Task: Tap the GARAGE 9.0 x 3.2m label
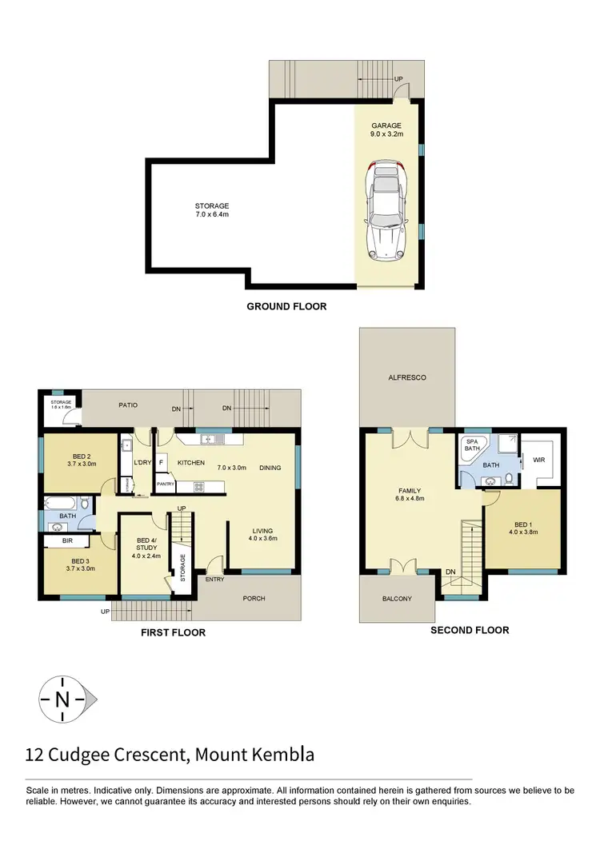pyautogui.click(x=386, y=130)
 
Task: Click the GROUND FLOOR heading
pyautogui.click(x=286, y=306)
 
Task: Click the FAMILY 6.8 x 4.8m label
pyautogui.click(x=410, y=496)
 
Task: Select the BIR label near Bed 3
pyautogui.click(x=68, y=541)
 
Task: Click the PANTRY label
pyautogui.click(x=166, y=484)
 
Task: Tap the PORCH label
pyautogui.click(x=254, y=599)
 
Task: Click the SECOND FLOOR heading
pyautogui.click(x=470, y=630)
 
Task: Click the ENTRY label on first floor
pyautogui.click(x=214, y=579)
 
